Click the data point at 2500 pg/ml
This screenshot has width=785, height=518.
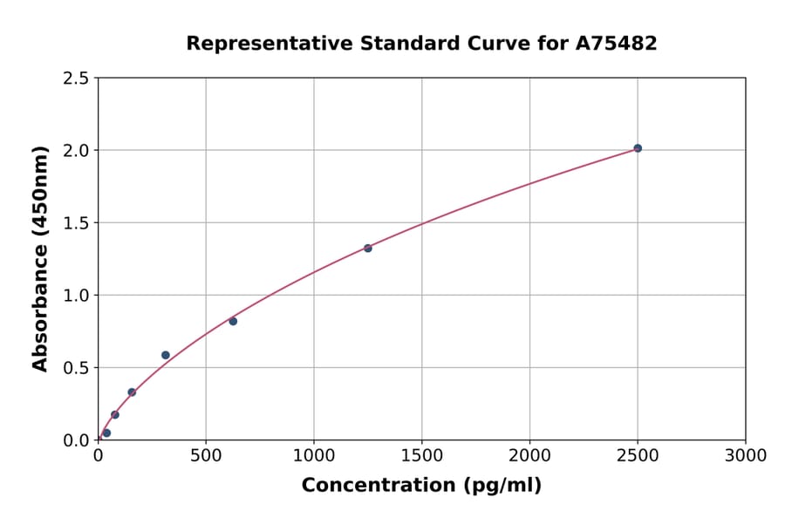638,148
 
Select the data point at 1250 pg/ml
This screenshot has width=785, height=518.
368,249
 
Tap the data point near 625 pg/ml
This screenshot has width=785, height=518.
233,321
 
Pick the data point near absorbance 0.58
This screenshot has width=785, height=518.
166,355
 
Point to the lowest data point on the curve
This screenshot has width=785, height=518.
106,433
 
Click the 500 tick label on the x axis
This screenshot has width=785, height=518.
206,456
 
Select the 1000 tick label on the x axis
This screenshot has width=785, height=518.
314,456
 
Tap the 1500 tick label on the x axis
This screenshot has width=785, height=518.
422,456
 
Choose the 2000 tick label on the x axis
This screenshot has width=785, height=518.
529,456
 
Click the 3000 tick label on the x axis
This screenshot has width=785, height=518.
746,456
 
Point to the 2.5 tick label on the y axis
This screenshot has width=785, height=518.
76,78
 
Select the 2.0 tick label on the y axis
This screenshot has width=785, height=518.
76,151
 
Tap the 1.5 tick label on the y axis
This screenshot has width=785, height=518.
76,223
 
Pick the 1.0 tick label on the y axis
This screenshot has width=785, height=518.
76,296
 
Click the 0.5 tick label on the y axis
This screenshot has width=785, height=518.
76,368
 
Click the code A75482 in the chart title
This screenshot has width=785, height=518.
617,44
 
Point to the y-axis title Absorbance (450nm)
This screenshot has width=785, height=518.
40,258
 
